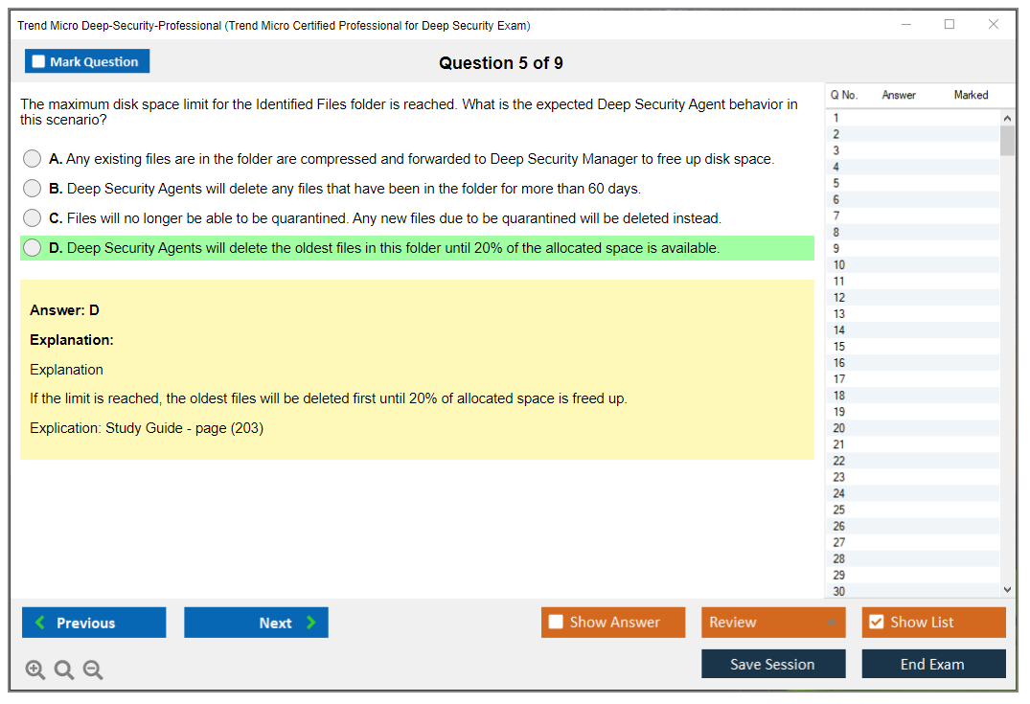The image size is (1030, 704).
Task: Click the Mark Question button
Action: (x=87, y=61)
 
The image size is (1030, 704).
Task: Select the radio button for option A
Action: (x=32, y=159)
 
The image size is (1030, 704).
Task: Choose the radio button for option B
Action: (x=32, y=189)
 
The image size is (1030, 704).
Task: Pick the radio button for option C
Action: (x=32, y=218)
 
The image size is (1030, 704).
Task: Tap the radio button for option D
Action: (x=32, y=247)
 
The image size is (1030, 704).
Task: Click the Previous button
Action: (x=94, y=622)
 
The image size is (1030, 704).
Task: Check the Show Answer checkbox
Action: (x=556, y=622)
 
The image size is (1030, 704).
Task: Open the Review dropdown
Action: (x=773, y=622)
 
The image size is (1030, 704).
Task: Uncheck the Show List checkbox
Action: (x=877, y=622)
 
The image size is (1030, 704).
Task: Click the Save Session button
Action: (x=773, y=664)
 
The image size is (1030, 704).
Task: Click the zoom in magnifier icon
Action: (x=35, y=670)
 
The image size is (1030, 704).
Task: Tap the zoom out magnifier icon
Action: (x=93, y=670)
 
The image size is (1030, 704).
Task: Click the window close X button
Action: (x=994, y=24)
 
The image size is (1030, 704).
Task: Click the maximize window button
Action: (x=950, y=24)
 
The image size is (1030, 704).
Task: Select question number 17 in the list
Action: (x=838, y=379)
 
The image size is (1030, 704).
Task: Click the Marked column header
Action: (x=971, y=95)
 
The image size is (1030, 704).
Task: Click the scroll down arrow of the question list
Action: (x=1007, y=590)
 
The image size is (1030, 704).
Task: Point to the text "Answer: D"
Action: (x=64, y=310)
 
